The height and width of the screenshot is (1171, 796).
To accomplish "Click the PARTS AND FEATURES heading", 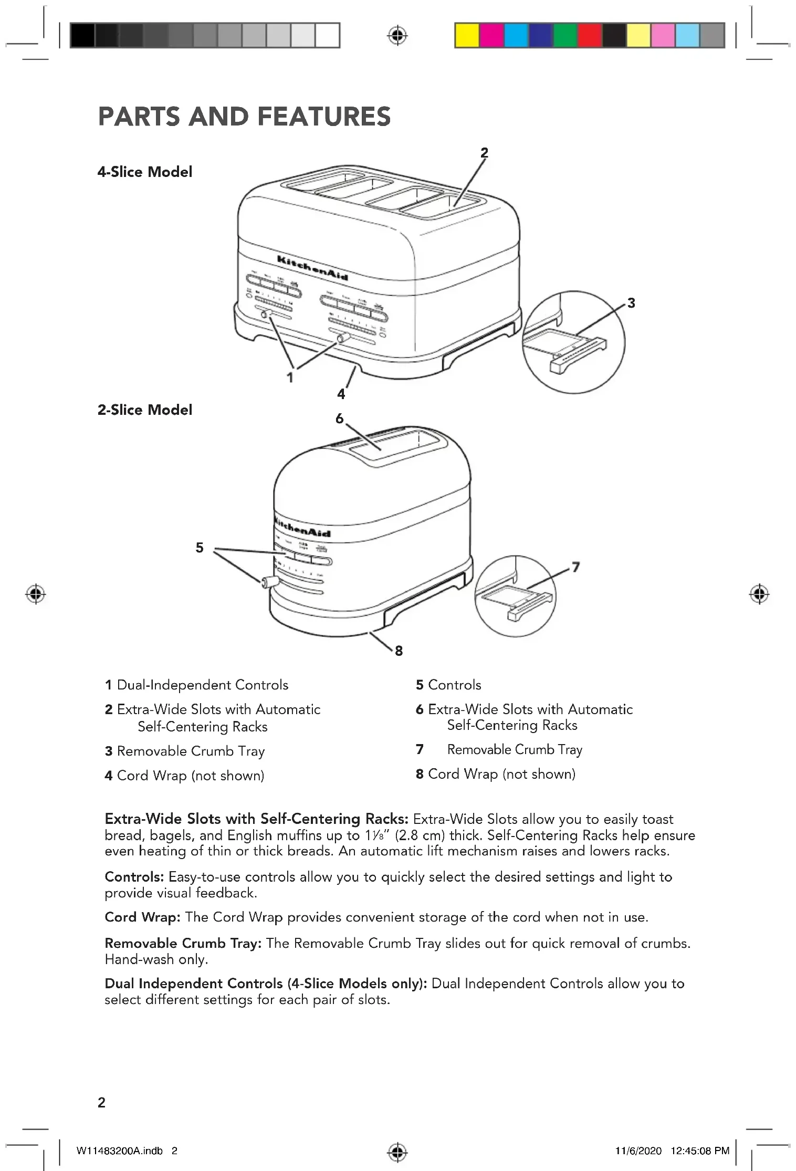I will [244, 117].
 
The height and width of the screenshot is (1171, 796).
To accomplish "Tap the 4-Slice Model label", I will [145, 172].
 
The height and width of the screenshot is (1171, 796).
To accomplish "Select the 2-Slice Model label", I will [145, 410].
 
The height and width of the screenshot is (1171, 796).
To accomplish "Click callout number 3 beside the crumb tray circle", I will [631, 303].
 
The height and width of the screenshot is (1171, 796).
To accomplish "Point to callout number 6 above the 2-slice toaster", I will [340, 419].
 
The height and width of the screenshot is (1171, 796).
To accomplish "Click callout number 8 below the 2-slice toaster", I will [399, 651].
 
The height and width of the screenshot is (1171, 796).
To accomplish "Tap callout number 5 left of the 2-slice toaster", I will [200, 548].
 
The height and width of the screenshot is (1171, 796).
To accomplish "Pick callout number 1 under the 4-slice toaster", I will [290, 377].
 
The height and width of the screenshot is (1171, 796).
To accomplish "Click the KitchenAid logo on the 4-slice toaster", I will [312, 268].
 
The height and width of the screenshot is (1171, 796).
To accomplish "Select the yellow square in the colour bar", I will [466, 36].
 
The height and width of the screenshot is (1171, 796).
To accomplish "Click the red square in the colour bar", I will [590, 36].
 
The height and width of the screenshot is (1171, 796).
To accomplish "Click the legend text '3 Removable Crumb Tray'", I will [185, 751].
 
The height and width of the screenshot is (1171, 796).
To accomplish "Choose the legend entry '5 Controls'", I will [448, 685].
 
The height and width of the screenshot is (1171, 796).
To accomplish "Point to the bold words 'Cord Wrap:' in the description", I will [142, 917].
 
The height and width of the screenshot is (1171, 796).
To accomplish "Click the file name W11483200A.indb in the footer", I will [120, 1151].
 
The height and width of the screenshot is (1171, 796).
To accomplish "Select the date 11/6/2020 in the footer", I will [638, 1151].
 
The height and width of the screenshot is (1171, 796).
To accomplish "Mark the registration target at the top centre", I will [397, 36].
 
